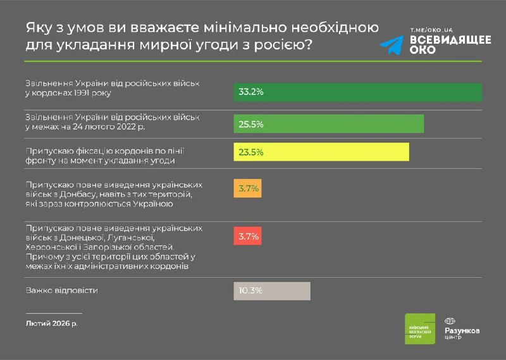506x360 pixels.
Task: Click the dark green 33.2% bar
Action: pos(357,92)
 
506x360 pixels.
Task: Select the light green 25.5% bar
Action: pos(328,123)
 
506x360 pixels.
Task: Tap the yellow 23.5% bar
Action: pos(321,152)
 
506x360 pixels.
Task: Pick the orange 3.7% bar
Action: pos(247,189)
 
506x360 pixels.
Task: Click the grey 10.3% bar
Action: pos(272,291)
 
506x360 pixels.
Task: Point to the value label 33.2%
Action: pos(250,92)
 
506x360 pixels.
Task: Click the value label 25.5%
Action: pos(250,123)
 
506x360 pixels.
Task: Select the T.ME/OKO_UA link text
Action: pos(432,30)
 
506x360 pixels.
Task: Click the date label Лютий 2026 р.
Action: pos(51,323)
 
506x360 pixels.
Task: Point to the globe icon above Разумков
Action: pos(450,321)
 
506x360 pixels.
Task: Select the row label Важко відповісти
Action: pos(63,290)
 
